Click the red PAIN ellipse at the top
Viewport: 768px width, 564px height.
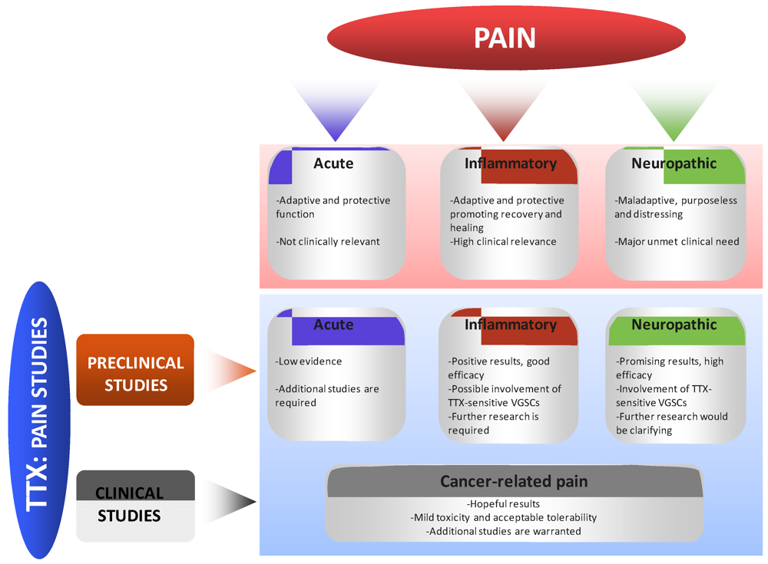504,38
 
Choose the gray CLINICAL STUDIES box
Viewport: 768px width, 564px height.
135,504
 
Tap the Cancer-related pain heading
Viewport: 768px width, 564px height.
514,481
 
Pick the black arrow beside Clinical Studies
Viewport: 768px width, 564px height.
230,503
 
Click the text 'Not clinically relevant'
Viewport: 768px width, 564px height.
328,242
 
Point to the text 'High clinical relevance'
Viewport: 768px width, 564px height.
503,242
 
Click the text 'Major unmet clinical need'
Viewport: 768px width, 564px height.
677,242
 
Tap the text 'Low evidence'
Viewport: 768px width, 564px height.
309,361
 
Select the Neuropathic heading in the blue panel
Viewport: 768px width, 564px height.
674,325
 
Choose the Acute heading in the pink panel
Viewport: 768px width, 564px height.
333,163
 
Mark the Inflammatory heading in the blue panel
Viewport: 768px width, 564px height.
510,325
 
